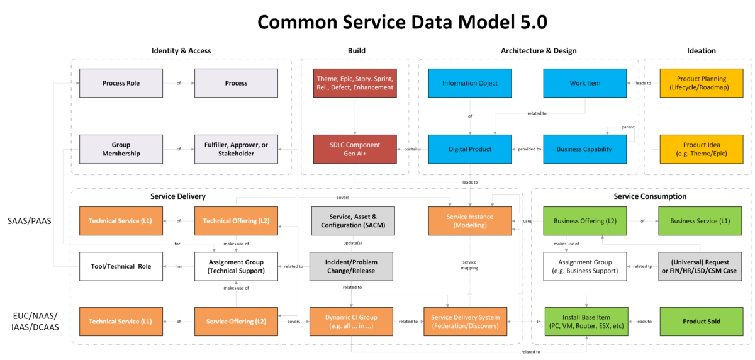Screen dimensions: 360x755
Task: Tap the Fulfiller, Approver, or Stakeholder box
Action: click(236, 149)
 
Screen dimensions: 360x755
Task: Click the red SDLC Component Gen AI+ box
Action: click(355, 149)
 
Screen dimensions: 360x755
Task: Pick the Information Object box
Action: click(469, 83)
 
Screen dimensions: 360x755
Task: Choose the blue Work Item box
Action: click(585, 83)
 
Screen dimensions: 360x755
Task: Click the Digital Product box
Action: click(469, 149)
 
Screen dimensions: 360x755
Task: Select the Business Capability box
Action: click(585, 149)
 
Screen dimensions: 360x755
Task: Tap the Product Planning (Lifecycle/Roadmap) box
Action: click(701, 83)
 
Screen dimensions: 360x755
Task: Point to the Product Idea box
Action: click(701, 149)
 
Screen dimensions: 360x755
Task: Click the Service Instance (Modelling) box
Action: click(469, 221)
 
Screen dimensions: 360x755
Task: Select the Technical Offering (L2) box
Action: click(236, 221)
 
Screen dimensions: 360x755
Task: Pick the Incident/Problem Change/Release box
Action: click(351, 266)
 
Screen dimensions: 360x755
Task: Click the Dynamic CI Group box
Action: click(351, 321)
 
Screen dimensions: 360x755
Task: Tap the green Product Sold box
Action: click(701, 321)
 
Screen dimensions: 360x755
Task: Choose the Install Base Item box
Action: click(585, 321)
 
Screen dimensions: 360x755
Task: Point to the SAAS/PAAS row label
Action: click(30, 221)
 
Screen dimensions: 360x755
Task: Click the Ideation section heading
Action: click(701, 51)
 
